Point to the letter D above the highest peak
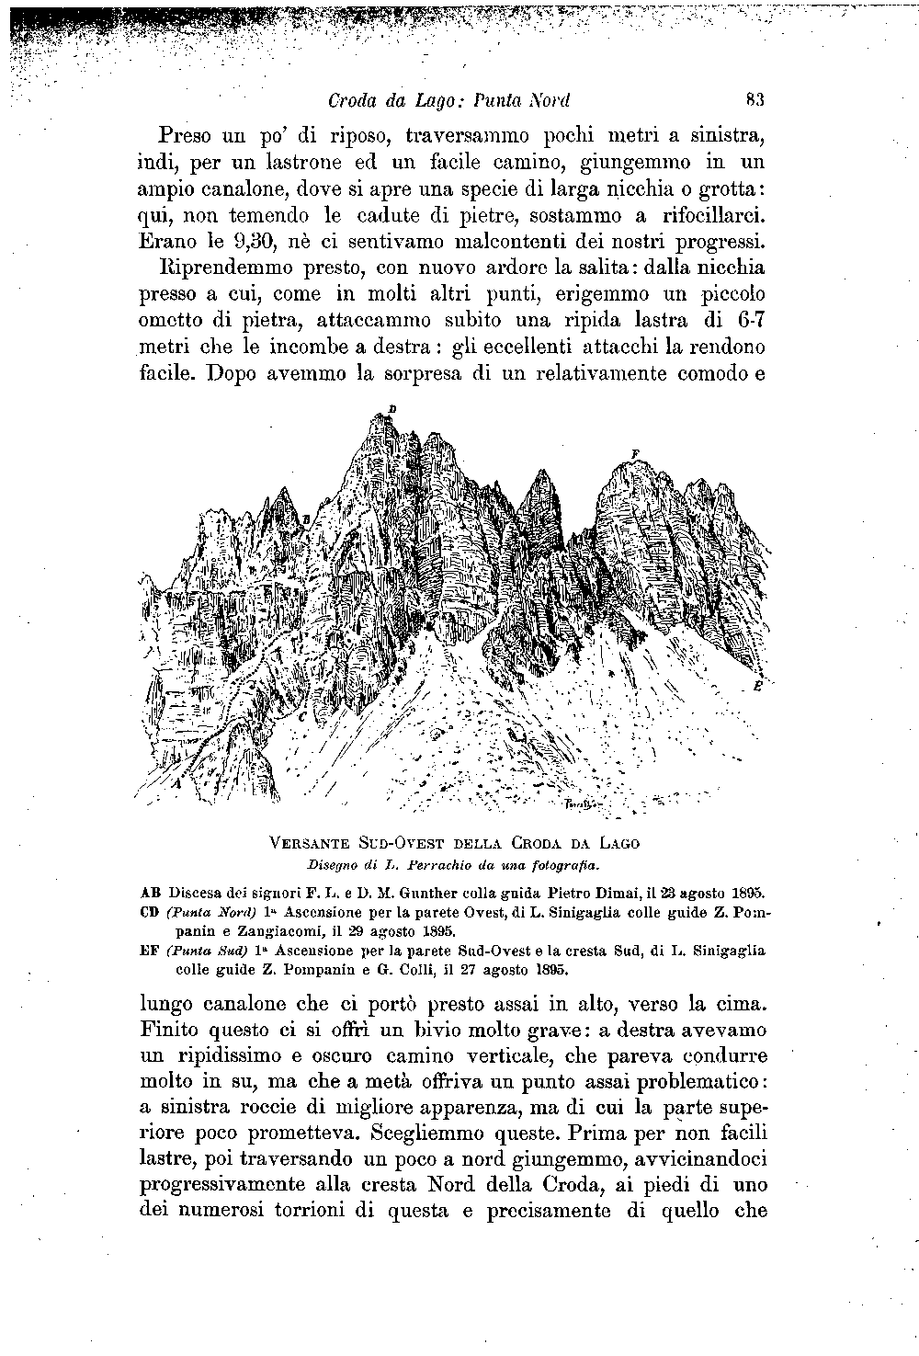(391, 407)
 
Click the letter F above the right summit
(634, 453)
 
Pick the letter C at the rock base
(302, 715)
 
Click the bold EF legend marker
(151, 949)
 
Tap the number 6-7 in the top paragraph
(752, 321)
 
